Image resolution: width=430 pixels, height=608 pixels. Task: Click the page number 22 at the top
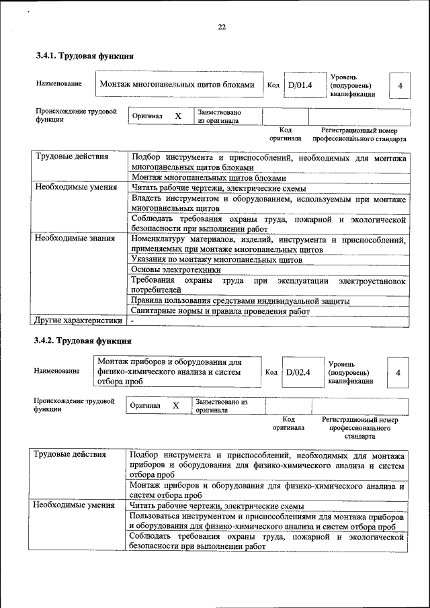222,27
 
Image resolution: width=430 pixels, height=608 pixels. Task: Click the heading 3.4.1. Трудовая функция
85,56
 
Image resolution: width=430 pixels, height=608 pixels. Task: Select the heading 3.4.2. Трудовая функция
85,340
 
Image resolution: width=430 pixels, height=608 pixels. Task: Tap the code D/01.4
300,85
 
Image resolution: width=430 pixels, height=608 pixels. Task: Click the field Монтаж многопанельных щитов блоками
177,85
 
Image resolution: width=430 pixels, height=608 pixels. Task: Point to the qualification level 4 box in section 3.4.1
400,86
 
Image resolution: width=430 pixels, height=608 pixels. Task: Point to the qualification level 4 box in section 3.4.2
398,372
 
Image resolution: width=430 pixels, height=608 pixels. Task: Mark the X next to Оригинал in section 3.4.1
178,116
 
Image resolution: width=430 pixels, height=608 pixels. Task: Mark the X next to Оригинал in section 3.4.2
176,406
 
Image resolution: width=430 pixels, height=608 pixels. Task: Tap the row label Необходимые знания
75,238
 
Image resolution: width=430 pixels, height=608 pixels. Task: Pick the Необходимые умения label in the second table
74,505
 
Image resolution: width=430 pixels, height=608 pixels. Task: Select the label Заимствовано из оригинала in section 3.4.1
220,116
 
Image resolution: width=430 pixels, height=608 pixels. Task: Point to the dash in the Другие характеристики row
133,321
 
